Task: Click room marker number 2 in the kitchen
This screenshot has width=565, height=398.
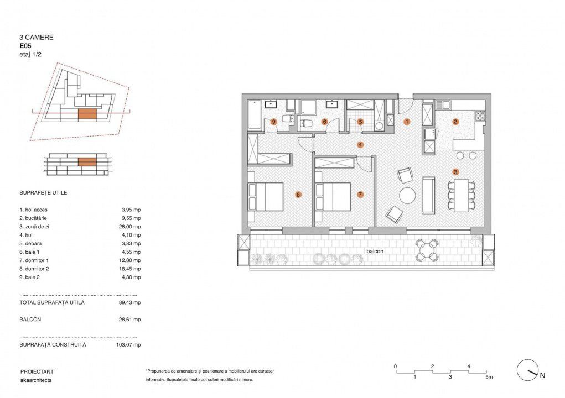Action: pos(455,122)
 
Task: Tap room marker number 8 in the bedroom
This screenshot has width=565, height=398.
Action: pos(298,195)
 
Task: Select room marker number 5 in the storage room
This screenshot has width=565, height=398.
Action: pos(360,122)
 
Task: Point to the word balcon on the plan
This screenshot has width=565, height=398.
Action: pos(375,251)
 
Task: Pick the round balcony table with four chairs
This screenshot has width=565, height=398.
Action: pos(427,249)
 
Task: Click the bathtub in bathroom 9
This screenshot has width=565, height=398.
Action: pos(255,115)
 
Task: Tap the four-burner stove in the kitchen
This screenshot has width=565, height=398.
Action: pos(480,115)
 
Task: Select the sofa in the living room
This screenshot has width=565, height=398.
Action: pos(429,195)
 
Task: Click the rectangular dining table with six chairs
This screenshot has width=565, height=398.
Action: pos(462,195)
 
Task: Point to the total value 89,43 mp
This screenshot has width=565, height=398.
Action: pos(129,302)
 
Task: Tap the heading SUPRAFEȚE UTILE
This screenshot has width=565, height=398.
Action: pos(43,193)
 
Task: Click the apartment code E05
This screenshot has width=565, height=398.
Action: pos(25,46)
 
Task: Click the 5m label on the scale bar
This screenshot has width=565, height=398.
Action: pos(489,377)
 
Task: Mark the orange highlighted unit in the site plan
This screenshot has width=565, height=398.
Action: pos(87,114)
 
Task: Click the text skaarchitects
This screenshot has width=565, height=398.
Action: pos(36,380)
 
